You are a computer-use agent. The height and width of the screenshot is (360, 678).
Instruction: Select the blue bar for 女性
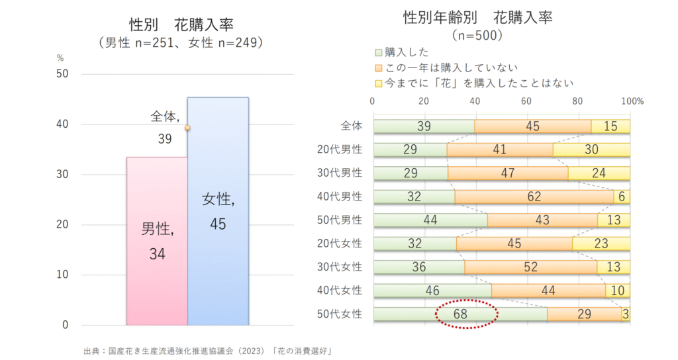(x=218, y=211)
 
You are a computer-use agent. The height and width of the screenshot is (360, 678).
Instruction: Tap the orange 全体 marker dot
(x=187, y=128)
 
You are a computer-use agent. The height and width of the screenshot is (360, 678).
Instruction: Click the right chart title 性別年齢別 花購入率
(x=477, y=18)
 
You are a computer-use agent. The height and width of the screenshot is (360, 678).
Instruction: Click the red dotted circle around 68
(x=466, y=314)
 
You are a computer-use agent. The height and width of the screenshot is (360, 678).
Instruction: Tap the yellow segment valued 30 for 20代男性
(x=591, y=150)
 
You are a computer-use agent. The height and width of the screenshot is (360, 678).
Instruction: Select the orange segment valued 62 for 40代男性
(x=534, y=197)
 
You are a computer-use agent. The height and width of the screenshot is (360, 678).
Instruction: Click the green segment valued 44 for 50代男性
(x=430, y=220)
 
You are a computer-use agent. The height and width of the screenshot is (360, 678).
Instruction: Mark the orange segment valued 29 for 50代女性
(x=584, y=314)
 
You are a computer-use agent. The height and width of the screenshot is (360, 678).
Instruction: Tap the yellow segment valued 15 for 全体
(x=610, y=126)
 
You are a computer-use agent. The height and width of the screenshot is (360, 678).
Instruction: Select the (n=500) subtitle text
(x=477, y=34)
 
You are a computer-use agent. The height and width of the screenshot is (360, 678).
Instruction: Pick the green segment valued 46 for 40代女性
(x=432, y=291)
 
